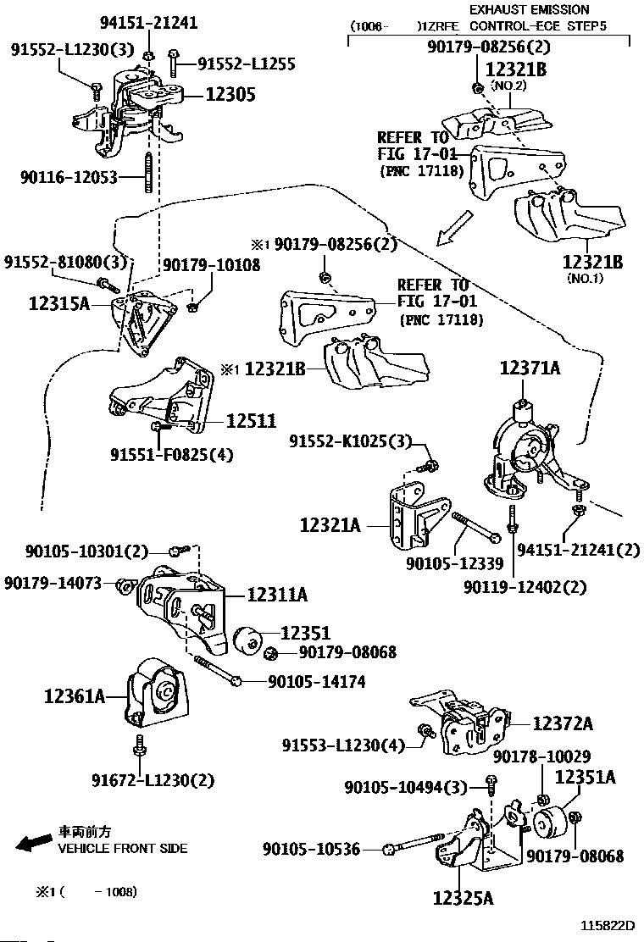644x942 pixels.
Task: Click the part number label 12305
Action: pos(227,95)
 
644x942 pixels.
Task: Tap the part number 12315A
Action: pos(58,302)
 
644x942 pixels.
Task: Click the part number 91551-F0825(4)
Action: pos(171,455)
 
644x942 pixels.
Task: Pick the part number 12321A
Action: pos(330,526)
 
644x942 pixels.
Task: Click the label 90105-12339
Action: pos(454,562)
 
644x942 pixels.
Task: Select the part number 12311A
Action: pos(277,596)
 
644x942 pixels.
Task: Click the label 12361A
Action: pos(75,696)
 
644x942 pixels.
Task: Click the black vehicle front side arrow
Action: pos(34,842)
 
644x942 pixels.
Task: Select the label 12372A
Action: pos(563,723)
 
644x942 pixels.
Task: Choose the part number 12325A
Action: pos(463,896)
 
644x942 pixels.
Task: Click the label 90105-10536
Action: pos(311,848)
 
